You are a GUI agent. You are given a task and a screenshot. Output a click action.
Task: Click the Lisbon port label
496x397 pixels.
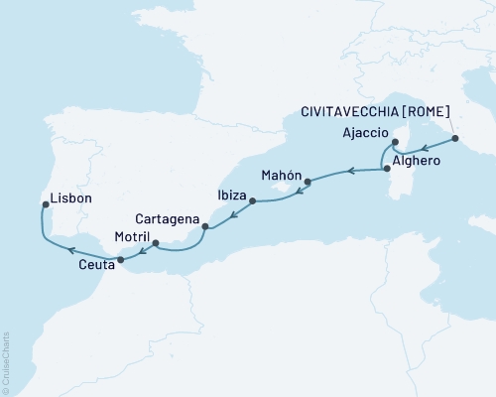pyautogui.click(x=72, y=198)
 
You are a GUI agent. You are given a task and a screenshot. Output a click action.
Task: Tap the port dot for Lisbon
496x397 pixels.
pyautogui.click(x=45, y=205)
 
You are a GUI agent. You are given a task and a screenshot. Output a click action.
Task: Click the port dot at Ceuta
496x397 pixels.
pyautogui.click(x=121, y=260)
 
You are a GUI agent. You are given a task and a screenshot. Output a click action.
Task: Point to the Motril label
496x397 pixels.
pyautogui.click(x=104, y=238)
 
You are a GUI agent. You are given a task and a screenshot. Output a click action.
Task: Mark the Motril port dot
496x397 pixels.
pyautogui.click(x=154, y=239)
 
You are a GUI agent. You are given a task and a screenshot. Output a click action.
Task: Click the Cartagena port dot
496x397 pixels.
pyautogui.click(x=205, y=227)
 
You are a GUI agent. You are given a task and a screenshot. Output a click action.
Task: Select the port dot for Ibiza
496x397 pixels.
pyautogui.click(x=253, y=201)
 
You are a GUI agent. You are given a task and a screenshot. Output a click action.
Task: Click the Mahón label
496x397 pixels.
pyautogui.click(x=280, y=175)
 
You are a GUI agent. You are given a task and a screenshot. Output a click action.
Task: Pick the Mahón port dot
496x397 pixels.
pyautogui.click(x=308, y=182)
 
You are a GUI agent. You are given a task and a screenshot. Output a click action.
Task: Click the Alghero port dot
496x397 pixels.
pyautogui.click(x=387, y=169)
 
